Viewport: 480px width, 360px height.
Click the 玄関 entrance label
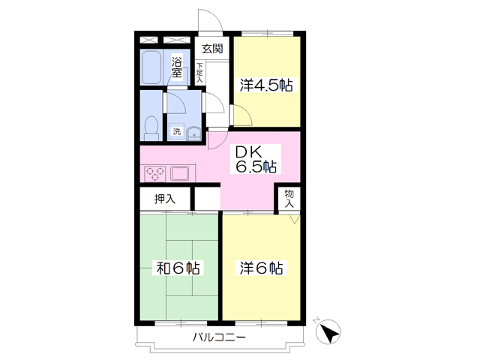pos(212,49)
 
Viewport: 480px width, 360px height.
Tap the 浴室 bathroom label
pos(177,67)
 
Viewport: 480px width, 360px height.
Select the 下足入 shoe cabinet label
pos(199,73)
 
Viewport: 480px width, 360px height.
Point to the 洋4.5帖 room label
pos(266,85)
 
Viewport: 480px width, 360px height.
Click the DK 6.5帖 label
pos(256,159)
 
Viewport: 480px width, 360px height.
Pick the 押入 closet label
pos(165,199)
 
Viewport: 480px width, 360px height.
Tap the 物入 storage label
pos(289,199)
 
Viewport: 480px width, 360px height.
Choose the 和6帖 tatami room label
pos(178,268)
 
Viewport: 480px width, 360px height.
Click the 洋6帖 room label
pos(261,268)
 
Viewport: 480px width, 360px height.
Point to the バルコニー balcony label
pos(219,337)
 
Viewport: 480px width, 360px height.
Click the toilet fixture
pos(151,128)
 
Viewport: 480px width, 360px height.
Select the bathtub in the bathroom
pos(151,67)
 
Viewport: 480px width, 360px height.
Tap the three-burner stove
pos(154,174)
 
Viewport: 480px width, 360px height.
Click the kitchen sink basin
pos(180,173)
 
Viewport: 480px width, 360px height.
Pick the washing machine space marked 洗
pos(177,132)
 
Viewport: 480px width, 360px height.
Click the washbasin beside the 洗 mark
pos(193,133)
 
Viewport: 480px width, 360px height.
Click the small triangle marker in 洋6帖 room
pos(294,219)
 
